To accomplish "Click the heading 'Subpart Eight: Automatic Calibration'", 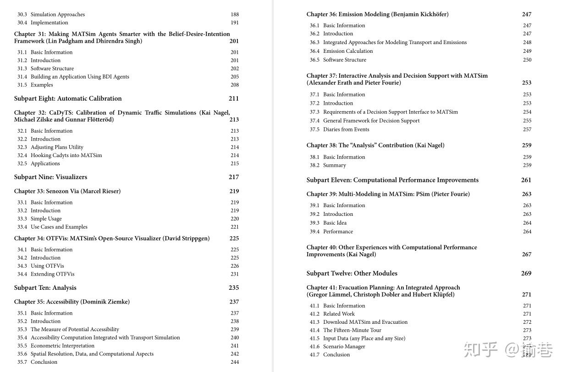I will point(68,98).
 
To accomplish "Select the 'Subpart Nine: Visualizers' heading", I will point(50,177).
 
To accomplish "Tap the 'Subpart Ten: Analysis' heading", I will point(45,287).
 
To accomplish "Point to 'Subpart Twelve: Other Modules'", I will point(352,273).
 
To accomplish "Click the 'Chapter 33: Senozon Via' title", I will point(67,191).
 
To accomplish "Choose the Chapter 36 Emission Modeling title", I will point(377,14).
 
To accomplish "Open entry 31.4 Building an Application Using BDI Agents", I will point(79,77).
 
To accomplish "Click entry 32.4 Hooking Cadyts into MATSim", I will point(66,155).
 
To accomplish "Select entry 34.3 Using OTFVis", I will point(47,266).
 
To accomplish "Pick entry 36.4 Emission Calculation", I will point(347,51).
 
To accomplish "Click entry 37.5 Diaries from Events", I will point(346,130).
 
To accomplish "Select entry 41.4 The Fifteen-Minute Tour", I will point(352,330).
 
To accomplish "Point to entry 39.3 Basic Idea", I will point(335,223).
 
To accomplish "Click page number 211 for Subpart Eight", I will point(234,98).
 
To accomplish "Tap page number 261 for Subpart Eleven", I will point(526,180).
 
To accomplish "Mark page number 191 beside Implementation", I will point(235,23).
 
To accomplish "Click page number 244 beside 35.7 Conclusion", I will point(235,362).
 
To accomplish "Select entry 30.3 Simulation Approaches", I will point(57,14).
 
